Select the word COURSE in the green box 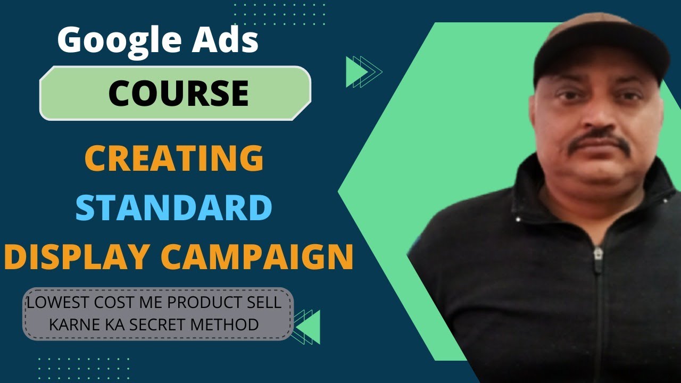(178, 93)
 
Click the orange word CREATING (174, 159)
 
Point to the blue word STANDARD (174, 208)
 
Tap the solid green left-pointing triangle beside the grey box (310, 327)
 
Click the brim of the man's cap (601, 66)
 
